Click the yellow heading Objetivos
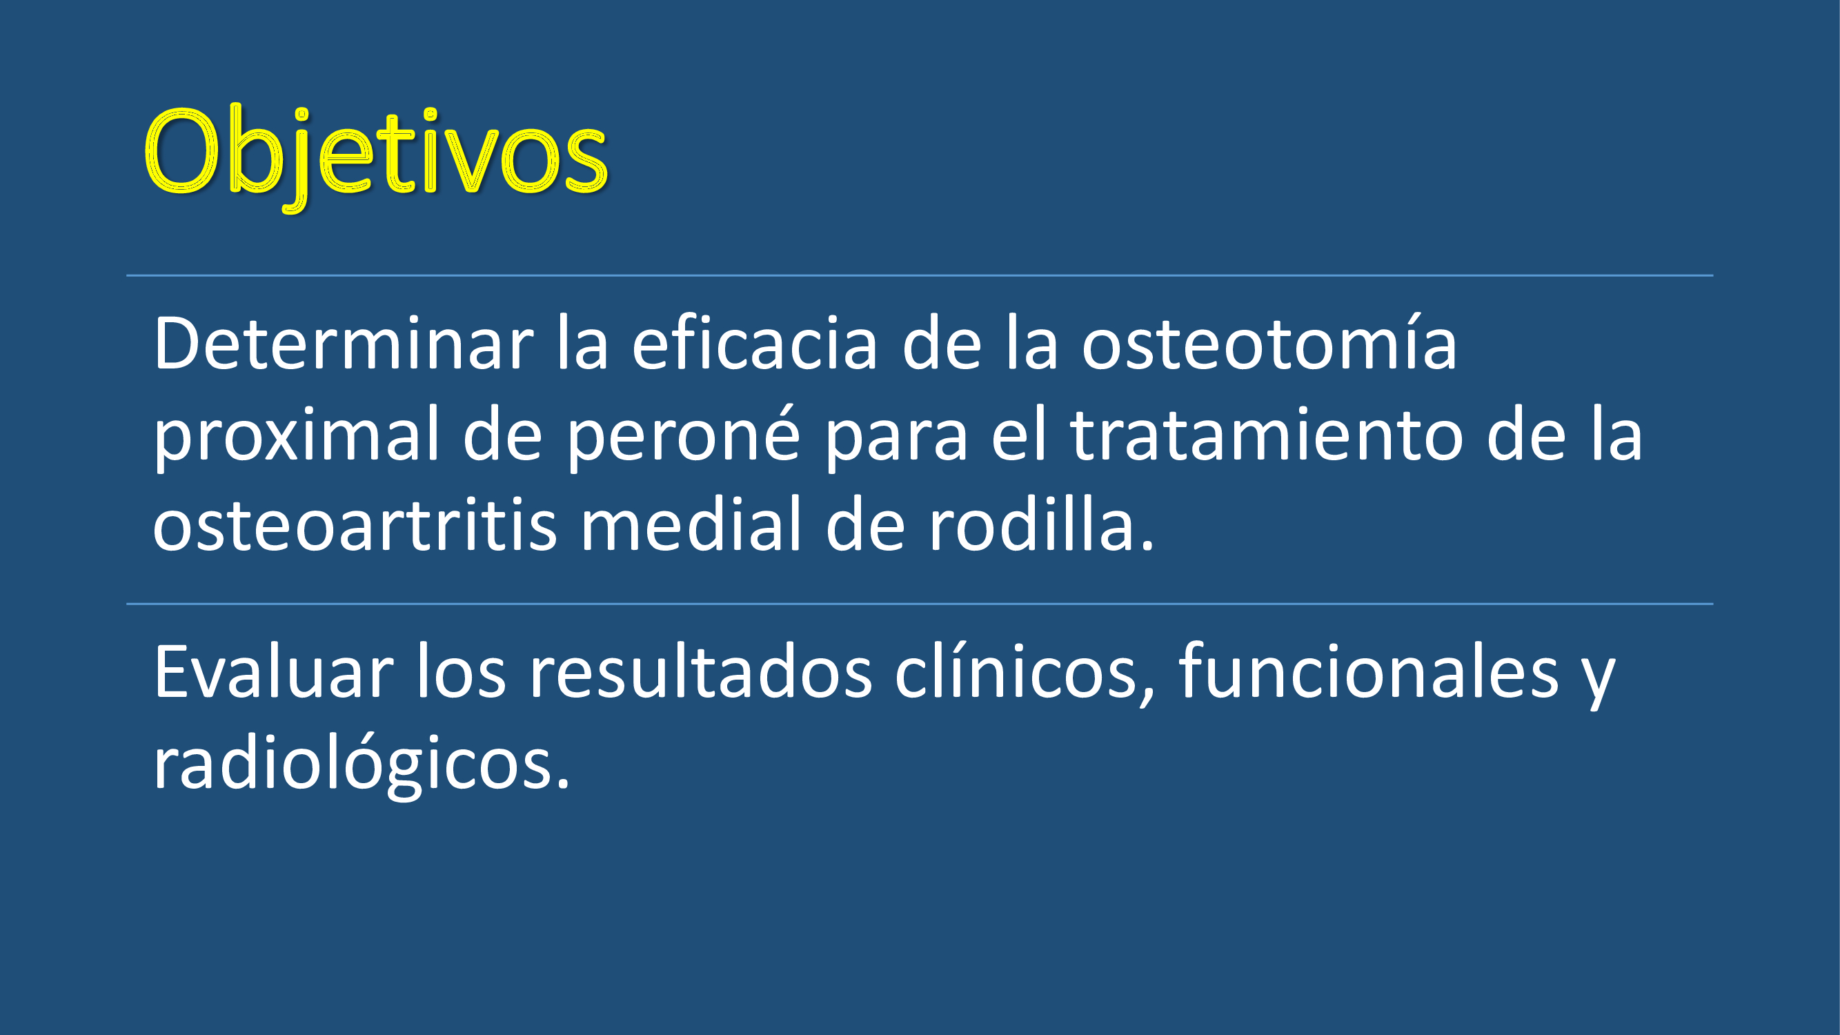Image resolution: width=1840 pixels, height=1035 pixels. click(x=375, y=157)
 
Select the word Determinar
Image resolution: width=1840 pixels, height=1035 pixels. click(x=344, y=344)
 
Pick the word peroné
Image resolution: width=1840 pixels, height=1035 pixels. click(x=684, y=435)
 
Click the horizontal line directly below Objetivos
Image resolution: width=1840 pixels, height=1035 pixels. click(x=920, y=275)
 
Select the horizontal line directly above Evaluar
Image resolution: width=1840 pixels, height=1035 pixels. click(x=920, y=604)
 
